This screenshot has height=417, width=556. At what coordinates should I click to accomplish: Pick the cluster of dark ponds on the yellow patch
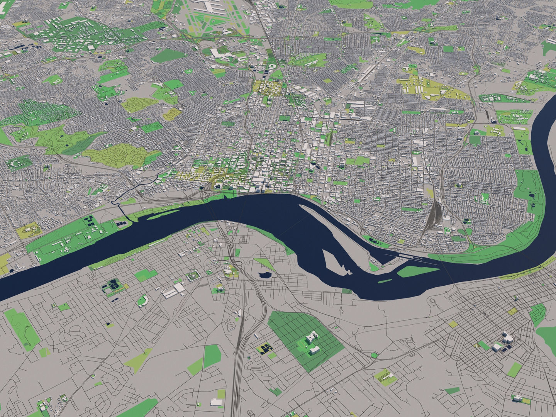pyautogui.click(x=266, y=349)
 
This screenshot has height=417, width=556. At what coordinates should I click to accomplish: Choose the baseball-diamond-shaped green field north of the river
pyautogui.click(x=143, y=300)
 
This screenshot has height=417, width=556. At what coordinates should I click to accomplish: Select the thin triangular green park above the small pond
pyautogui.click(x=264, y=264)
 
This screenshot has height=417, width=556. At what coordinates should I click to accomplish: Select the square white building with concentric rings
pyautogui.click(x=192, y=276)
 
